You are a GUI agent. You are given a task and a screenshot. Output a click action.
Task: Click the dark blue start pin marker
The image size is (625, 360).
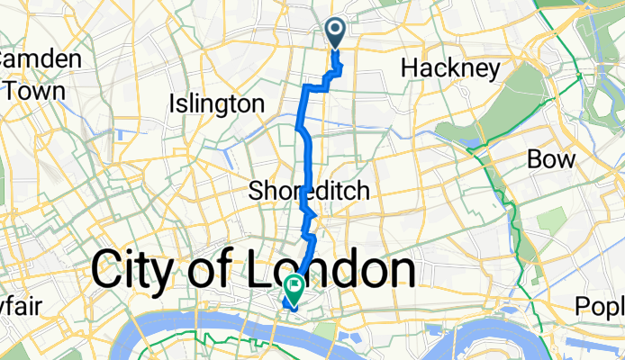point(335,32)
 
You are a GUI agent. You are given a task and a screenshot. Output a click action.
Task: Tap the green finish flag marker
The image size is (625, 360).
point(294,287)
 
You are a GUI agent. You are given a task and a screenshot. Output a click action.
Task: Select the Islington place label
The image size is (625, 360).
point(216,103)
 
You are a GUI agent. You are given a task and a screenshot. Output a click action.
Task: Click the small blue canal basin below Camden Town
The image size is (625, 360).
point(120,135)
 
